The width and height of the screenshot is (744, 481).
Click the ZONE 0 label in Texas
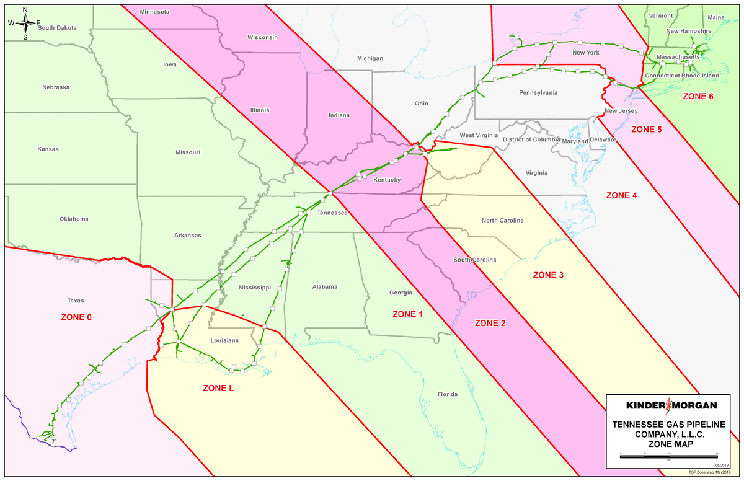(76, 317)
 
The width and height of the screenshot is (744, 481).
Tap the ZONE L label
(218, 388)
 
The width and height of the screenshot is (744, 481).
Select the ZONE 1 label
(407, 314)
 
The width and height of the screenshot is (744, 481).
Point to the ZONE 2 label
(490, 323)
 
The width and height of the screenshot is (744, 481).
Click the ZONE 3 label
(548, 275)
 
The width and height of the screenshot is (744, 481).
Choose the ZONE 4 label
(621, 195)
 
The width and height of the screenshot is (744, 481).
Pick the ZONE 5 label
(647, 130)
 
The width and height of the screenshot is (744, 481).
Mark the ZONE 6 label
(698, 97)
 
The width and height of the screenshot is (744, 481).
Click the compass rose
(25, 23)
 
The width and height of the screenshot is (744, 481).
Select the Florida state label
(447, 394)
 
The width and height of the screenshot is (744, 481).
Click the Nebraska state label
(56, 87)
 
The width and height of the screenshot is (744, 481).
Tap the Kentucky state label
(387, 180)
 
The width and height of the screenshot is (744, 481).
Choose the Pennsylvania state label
(538, 92)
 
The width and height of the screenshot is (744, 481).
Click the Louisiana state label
(224, 340)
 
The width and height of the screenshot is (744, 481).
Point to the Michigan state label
(370, 58)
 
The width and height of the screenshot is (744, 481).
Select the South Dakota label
(57, 28)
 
